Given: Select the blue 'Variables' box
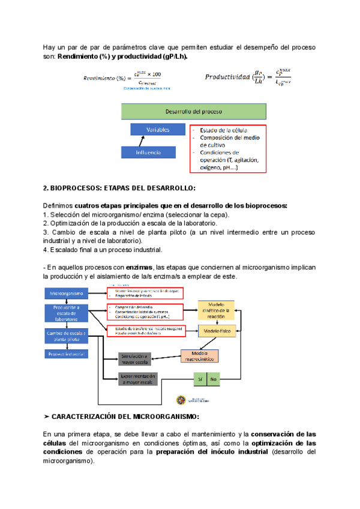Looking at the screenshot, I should point(157,130).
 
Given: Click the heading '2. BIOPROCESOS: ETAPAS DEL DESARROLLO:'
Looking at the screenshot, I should point(116,188).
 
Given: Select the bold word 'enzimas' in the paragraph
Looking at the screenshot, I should point(139,267).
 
